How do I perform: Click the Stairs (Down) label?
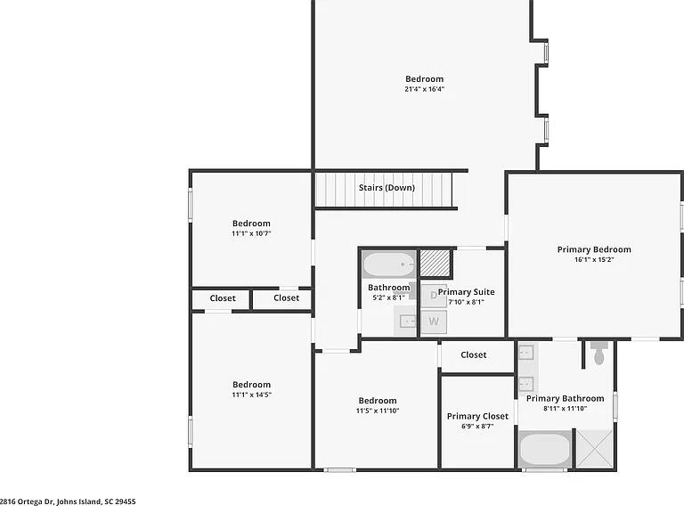(387, 188)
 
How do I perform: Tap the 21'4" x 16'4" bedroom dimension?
(425, 89)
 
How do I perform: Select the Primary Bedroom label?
(594, 249)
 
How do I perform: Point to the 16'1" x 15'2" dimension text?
(594, 259)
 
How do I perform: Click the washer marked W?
(434, 322)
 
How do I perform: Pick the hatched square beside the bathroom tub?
(435, 263)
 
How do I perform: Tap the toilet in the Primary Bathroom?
(599, 353)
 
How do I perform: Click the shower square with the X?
(595, 449)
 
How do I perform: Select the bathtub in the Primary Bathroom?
(545, 449)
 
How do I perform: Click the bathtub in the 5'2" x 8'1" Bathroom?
(389, 265)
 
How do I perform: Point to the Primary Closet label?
(477, 416)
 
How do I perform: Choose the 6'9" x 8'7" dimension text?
(477, 427)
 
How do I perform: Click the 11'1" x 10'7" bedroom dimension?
(251, 233)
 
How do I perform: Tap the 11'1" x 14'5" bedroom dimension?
(252, 395)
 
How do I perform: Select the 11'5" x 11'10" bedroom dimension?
(378, 411)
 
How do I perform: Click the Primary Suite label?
(467, 292)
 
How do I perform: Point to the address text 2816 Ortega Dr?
(27, 501)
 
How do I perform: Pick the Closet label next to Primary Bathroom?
(473, 354)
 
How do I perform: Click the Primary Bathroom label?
(565, 398)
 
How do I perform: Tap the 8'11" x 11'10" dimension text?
(565, 408)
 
